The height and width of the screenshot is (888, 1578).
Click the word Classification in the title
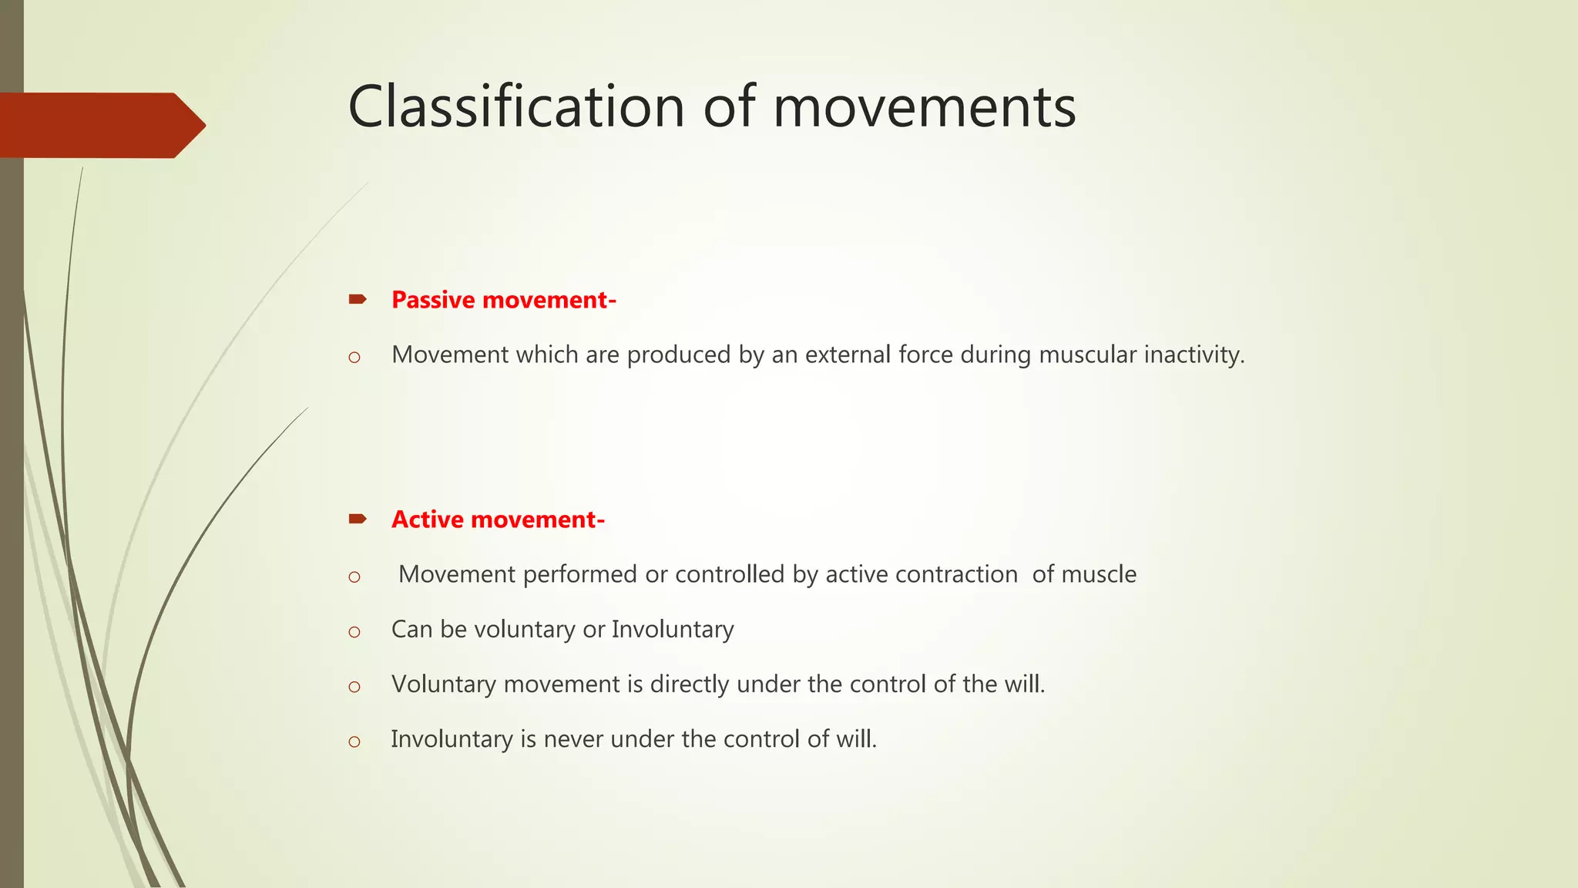pos(517,107)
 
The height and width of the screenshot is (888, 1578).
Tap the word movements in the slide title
pos(924,107)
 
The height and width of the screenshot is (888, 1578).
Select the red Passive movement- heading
pos(503,300)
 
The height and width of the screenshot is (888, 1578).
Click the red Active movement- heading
pos(498,520)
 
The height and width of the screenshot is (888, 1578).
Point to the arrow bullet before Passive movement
pos(358,299)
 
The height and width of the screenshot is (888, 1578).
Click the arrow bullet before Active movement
pos(358,519)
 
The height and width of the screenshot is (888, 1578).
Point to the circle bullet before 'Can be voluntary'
pos(354,632)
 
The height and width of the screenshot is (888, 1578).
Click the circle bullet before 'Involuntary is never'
pos(354,742)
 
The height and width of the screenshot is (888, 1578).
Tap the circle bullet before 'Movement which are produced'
pos(354,357)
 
